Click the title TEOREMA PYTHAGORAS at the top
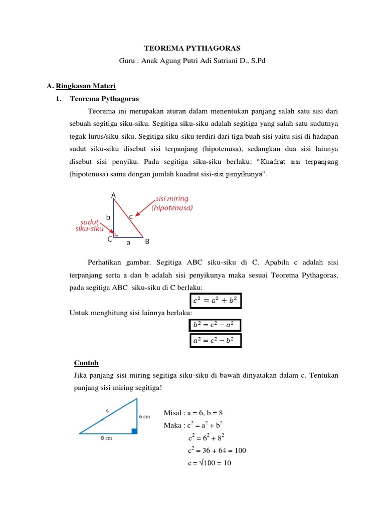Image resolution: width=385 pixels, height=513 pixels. click(x=192, y=48)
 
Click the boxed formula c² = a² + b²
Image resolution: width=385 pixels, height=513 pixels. click(x=215, y=301)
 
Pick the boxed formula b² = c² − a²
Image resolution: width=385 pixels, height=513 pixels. click(x=215, y=325)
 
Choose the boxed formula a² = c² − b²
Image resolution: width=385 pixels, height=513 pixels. click(x=215, y=341)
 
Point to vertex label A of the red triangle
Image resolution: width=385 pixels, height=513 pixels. click(x=113, y=195)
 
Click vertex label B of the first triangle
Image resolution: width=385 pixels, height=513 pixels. click(x=147, y=242)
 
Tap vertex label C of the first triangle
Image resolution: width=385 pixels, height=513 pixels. click(x=109, y=239)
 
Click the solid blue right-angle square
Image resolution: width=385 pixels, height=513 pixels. click(x=135, y=430)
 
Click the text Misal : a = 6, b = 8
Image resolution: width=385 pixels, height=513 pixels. click(x=193, y=413)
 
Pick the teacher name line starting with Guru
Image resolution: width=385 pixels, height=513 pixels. click(x=192, y=61)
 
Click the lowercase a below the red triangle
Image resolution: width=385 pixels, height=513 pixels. click(x=128, y=242)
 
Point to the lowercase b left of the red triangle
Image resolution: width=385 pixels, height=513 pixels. click(x=108, y=217)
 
